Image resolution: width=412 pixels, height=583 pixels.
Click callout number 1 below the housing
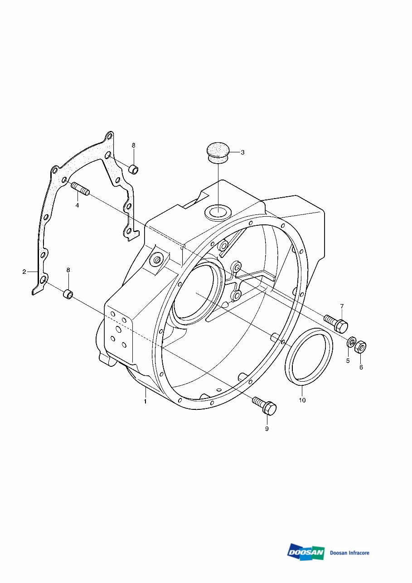(145, 401)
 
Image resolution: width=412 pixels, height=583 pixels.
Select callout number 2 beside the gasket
(24, 272)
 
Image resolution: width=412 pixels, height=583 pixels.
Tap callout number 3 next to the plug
(242, 152)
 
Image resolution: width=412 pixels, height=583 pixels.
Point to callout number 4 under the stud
(77, 205)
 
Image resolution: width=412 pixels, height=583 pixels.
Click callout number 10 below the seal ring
(302, 400)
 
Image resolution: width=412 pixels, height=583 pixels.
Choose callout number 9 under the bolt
(267, 428)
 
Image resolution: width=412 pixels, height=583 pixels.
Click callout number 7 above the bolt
(342, 306)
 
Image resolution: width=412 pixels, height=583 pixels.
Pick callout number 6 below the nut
(361, 367)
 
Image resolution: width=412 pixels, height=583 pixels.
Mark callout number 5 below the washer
(348, 361)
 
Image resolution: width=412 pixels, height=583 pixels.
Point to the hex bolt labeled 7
(336, 322)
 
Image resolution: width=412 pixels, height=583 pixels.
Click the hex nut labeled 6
(360, 347)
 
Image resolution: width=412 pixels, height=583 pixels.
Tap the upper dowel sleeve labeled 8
(133, 170)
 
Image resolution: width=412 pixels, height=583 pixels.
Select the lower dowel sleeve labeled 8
(68, 295)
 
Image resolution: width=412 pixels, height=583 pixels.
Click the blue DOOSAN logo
(306, 552)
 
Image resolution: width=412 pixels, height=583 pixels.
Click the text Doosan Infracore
(349, 553)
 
